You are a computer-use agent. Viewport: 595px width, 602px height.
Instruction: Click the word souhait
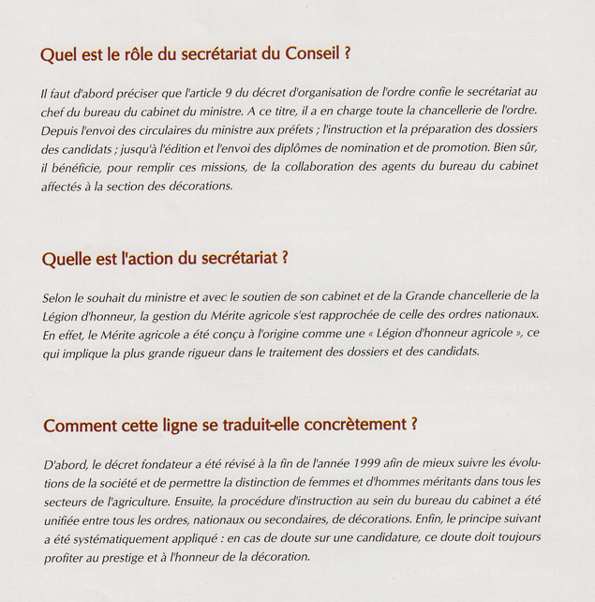[x=107, y=295]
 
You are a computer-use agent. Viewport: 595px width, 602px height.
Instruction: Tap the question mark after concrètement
[x=413, y=424]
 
